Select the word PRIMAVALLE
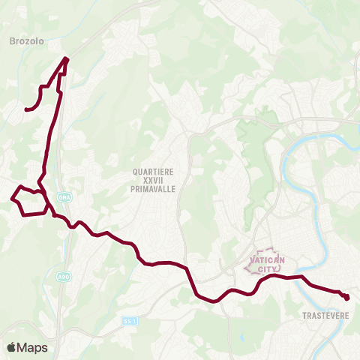point(154,190)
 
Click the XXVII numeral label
point(154,181)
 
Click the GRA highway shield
point(63,190)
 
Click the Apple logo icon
point(11,346)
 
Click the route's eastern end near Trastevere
point(347,298)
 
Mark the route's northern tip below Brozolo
point(67,58)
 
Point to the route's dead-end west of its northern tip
point(26,110)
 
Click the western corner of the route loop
point(13,199)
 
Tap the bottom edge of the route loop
point(34,214)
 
